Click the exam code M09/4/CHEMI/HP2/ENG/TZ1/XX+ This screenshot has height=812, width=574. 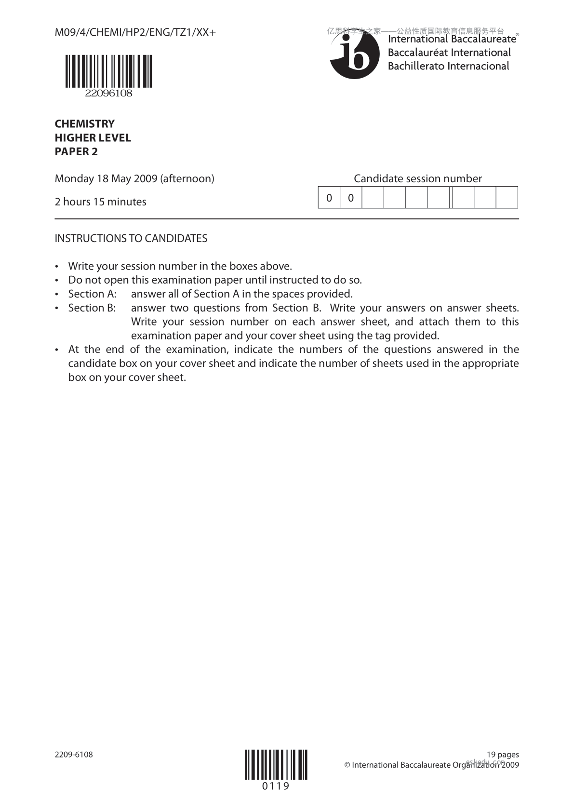pyautogui.click(x=135, y=33)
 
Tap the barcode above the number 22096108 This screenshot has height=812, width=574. pyautogui.click(x=108, y=71)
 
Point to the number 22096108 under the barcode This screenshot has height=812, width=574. pyautogui.click(x=108, y=94)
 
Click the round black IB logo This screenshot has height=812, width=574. pyautogui.click(x=351, y=57)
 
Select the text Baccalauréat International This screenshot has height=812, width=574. pyautogui.click(x=449, y=53)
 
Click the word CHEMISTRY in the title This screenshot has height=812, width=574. pyautogui.click(x=85, y=124)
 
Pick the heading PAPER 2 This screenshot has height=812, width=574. pyautogui.click(x=76, y=152)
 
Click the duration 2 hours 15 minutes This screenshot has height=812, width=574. pyautogui.click(x=101, y=202)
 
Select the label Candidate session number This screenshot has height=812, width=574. pyautogui.click(x=418, y=179)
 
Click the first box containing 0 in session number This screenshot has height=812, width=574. pyautogui.click(x=329, y=198)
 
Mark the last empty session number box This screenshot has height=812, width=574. pyautogui.click(x=507, y=198)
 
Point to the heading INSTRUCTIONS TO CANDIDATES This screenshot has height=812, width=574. pyautogui.click(x=131, y=239)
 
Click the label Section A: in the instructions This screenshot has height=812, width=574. pyautogui.click(x=93, y=294)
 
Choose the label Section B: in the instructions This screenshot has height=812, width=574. pyautogui.click(x=92, y=308)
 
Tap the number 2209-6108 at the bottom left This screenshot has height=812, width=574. pyautogui.click(x=74, y=755)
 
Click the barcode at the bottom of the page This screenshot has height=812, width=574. pyautogui.click(x=276, y=765)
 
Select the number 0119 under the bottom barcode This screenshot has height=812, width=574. pyautogui.click(x=276, y=786)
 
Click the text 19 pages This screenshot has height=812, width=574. pyautogui.click(x=503, y=755)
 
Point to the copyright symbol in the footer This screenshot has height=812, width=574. pyautogui.click(x=347, y=765)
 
